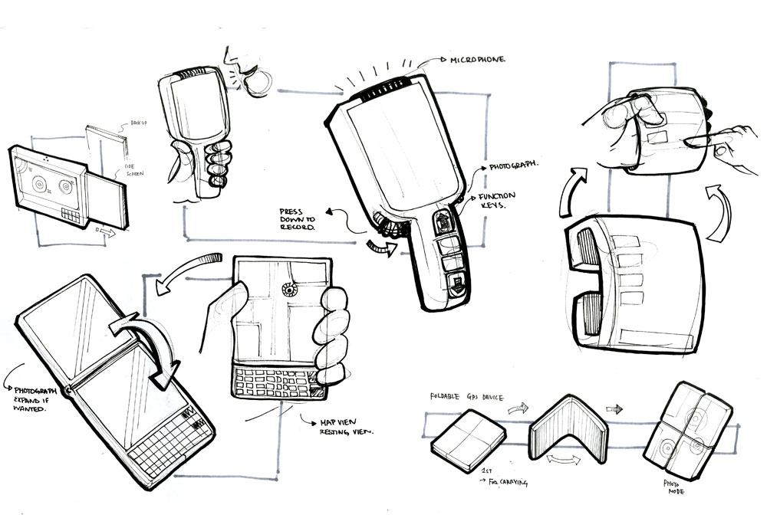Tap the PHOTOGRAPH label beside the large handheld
(x=513, y=166)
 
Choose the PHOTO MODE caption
(x=674, y=489)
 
